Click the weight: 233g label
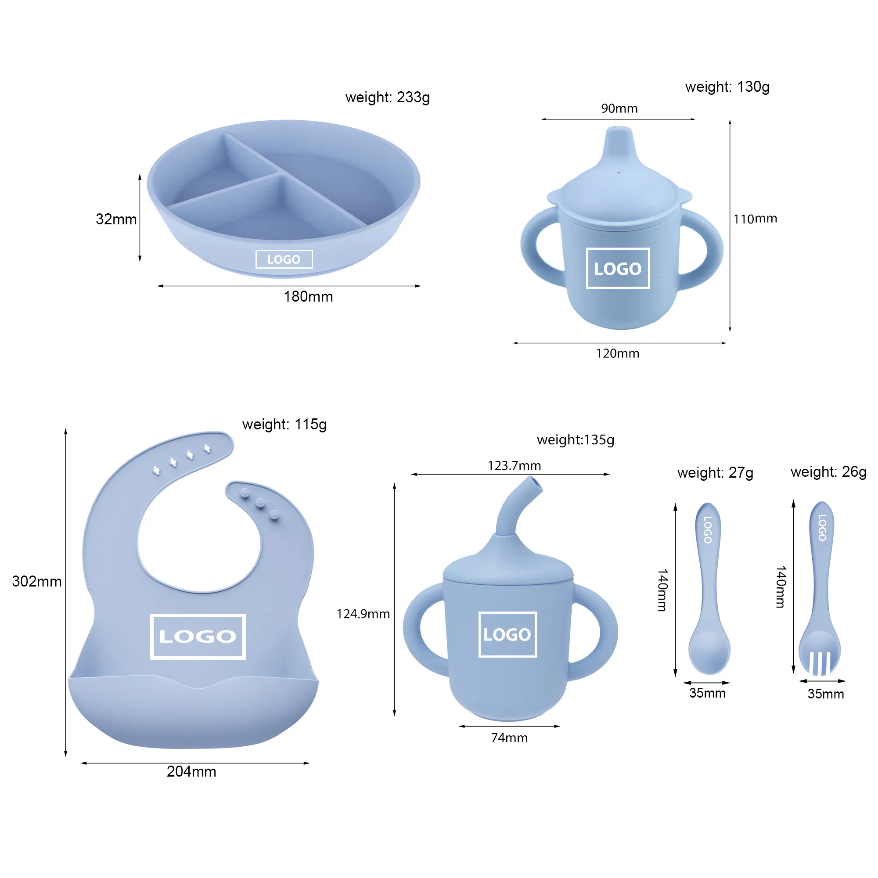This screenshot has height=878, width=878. point(387,97)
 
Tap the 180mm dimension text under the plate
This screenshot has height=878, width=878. point(308,297)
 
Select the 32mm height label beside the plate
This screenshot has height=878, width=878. point(116,219)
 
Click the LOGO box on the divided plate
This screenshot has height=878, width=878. point(284,259)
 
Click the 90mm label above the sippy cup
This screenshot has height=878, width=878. point(619,108)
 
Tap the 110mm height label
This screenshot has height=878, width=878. point(755,219)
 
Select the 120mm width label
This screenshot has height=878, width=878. point(618,353)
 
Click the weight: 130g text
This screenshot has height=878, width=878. point(727,87)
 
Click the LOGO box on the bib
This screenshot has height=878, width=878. point(198,636)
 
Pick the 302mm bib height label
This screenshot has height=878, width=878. point(37,581)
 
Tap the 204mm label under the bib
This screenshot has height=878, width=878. point(191,772)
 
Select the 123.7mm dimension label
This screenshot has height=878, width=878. point(514,466)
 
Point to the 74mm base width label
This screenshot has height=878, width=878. point(509,738)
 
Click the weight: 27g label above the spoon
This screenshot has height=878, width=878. point(715,473)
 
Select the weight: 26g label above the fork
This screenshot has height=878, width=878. point(828,472)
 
